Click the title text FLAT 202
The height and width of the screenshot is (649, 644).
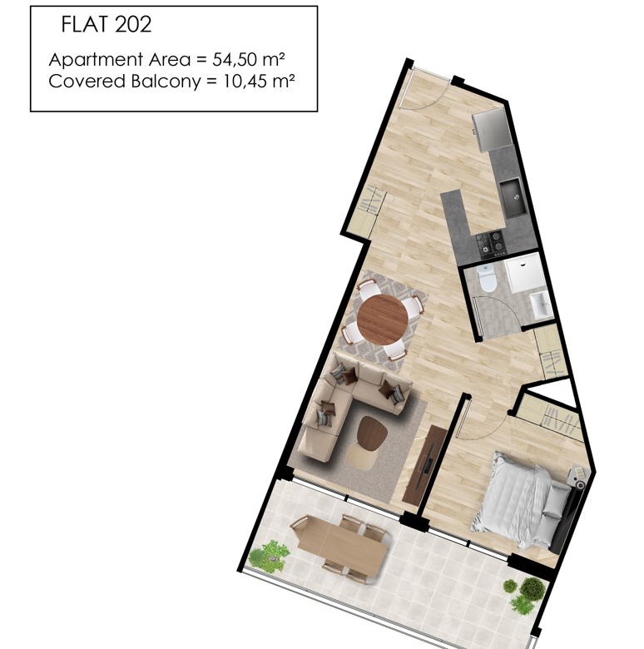tap(107, 24)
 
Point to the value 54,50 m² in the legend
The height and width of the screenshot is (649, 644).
tap(248, 60)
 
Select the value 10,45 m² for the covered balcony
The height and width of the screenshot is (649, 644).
tap(259, 82)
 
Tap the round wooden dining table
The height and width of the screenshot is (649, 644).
tap(383, 320)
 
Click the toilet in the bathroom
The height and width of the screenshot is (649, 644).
tap(486, 279)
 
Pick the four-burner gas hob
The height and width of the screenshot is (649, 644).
tap(491, 242)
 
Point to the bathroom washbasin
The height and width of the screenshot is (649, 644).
tap(541, 305)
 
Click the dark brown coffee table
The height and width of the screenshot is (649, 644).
tap(371, 433)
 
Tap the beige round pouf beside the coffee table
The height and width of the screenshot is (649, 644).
tap(361, 456)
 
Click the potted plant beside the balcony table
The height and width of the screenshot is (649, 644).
tap(270, 556)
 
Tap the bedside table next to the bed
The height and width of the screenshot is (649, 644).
tap(577, 476)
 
